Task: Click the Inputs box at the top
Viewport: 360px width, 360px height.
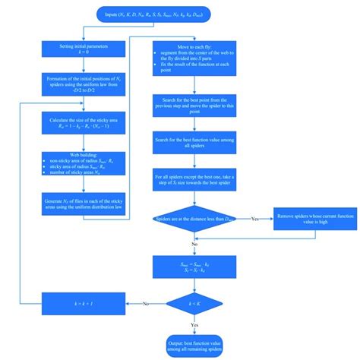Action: click(179, 15)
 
